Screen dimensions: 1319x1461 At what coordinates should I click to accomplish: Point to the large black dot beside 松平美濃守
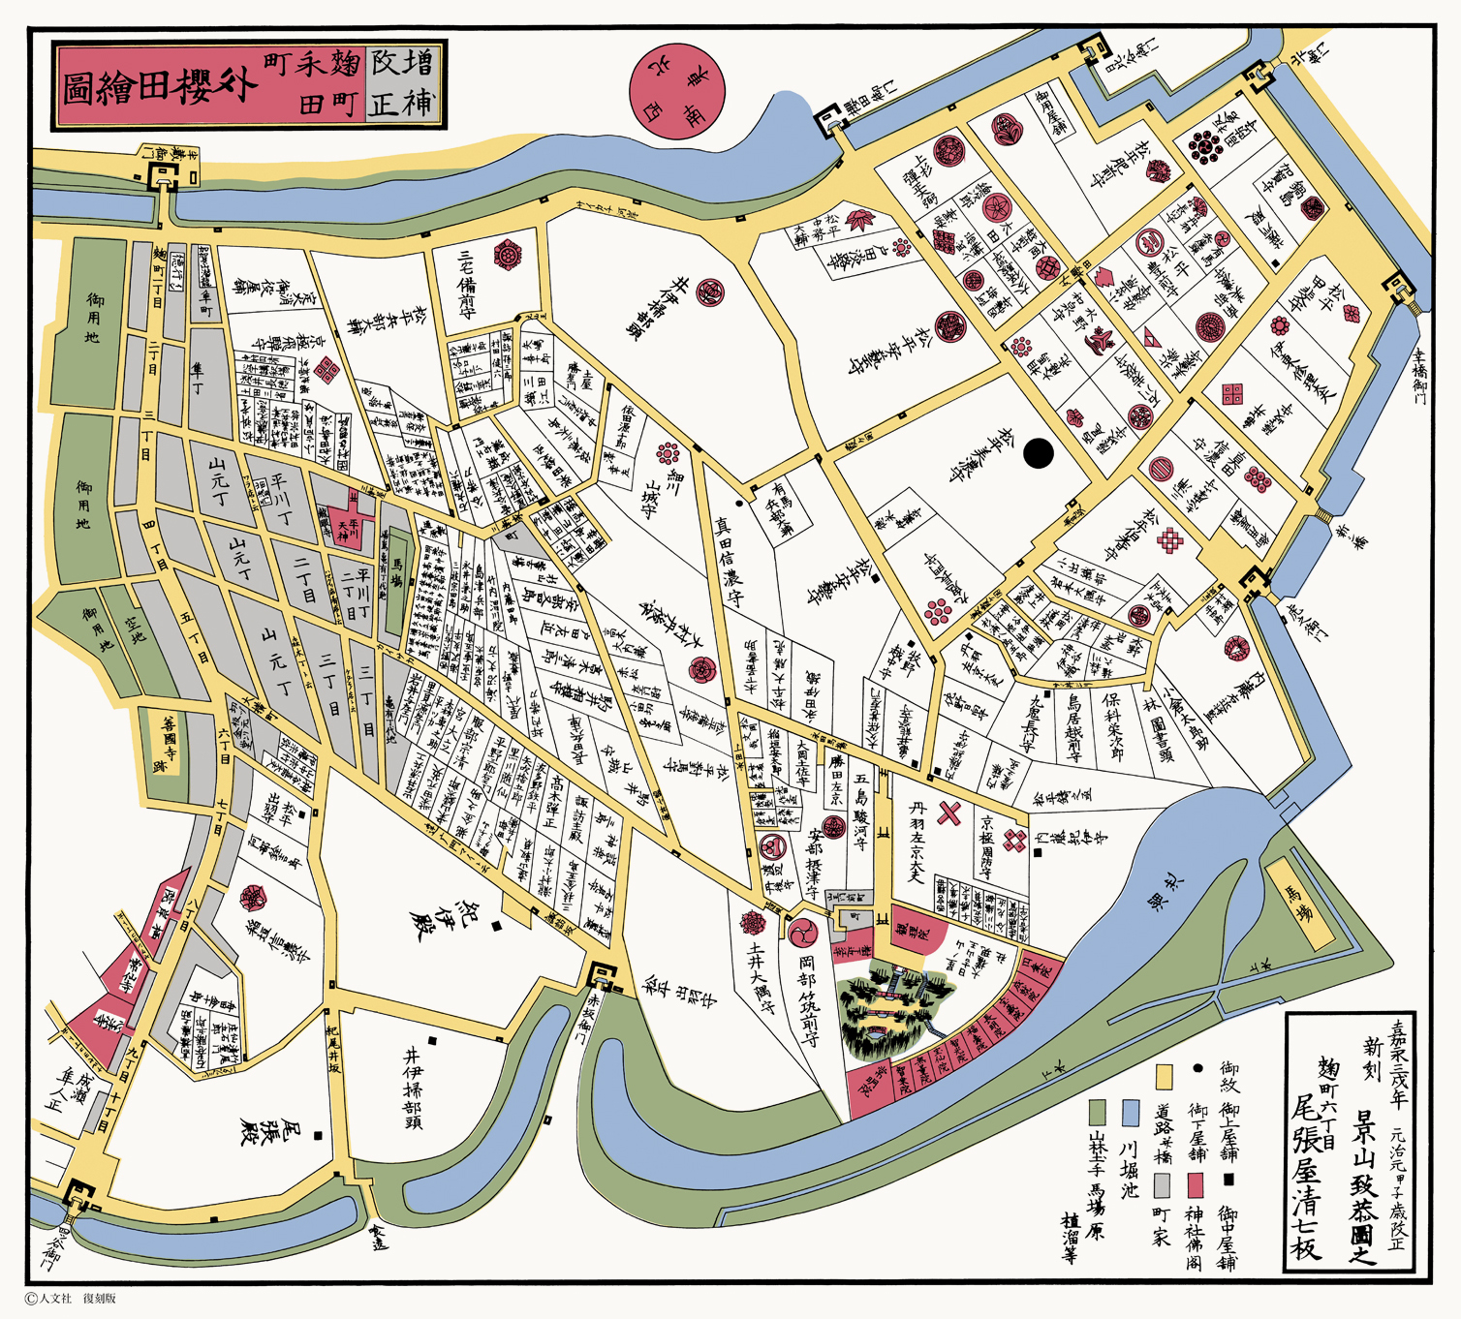[1038, 453]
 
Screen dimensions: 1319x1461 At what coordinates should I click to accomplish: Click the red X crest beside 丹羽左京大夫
[948, 813]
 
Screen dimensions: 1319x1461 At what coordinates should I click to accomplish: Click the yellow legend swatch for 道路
[1165, 1076]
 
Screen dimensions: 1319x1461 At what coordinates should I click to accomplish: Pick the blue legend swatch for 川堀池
[1130, 1113]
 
